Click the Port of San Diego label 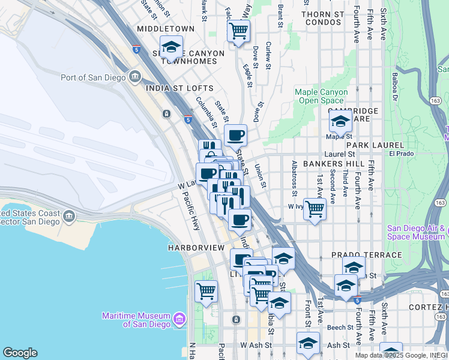tap(93, 77)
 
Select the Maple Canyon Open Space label tap(321, 96)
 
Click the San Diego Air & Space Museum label tap(416, 232)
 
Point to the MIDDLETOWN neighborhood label tap(166, 29)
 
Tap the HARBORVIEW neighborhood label tap(196, 248)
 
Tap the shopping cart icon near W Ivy tap(315, 209)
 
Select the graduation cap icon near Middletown tap(171, 46)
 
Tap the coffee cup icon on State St tap(235, 135)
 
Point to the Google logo tap(20, 353)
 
